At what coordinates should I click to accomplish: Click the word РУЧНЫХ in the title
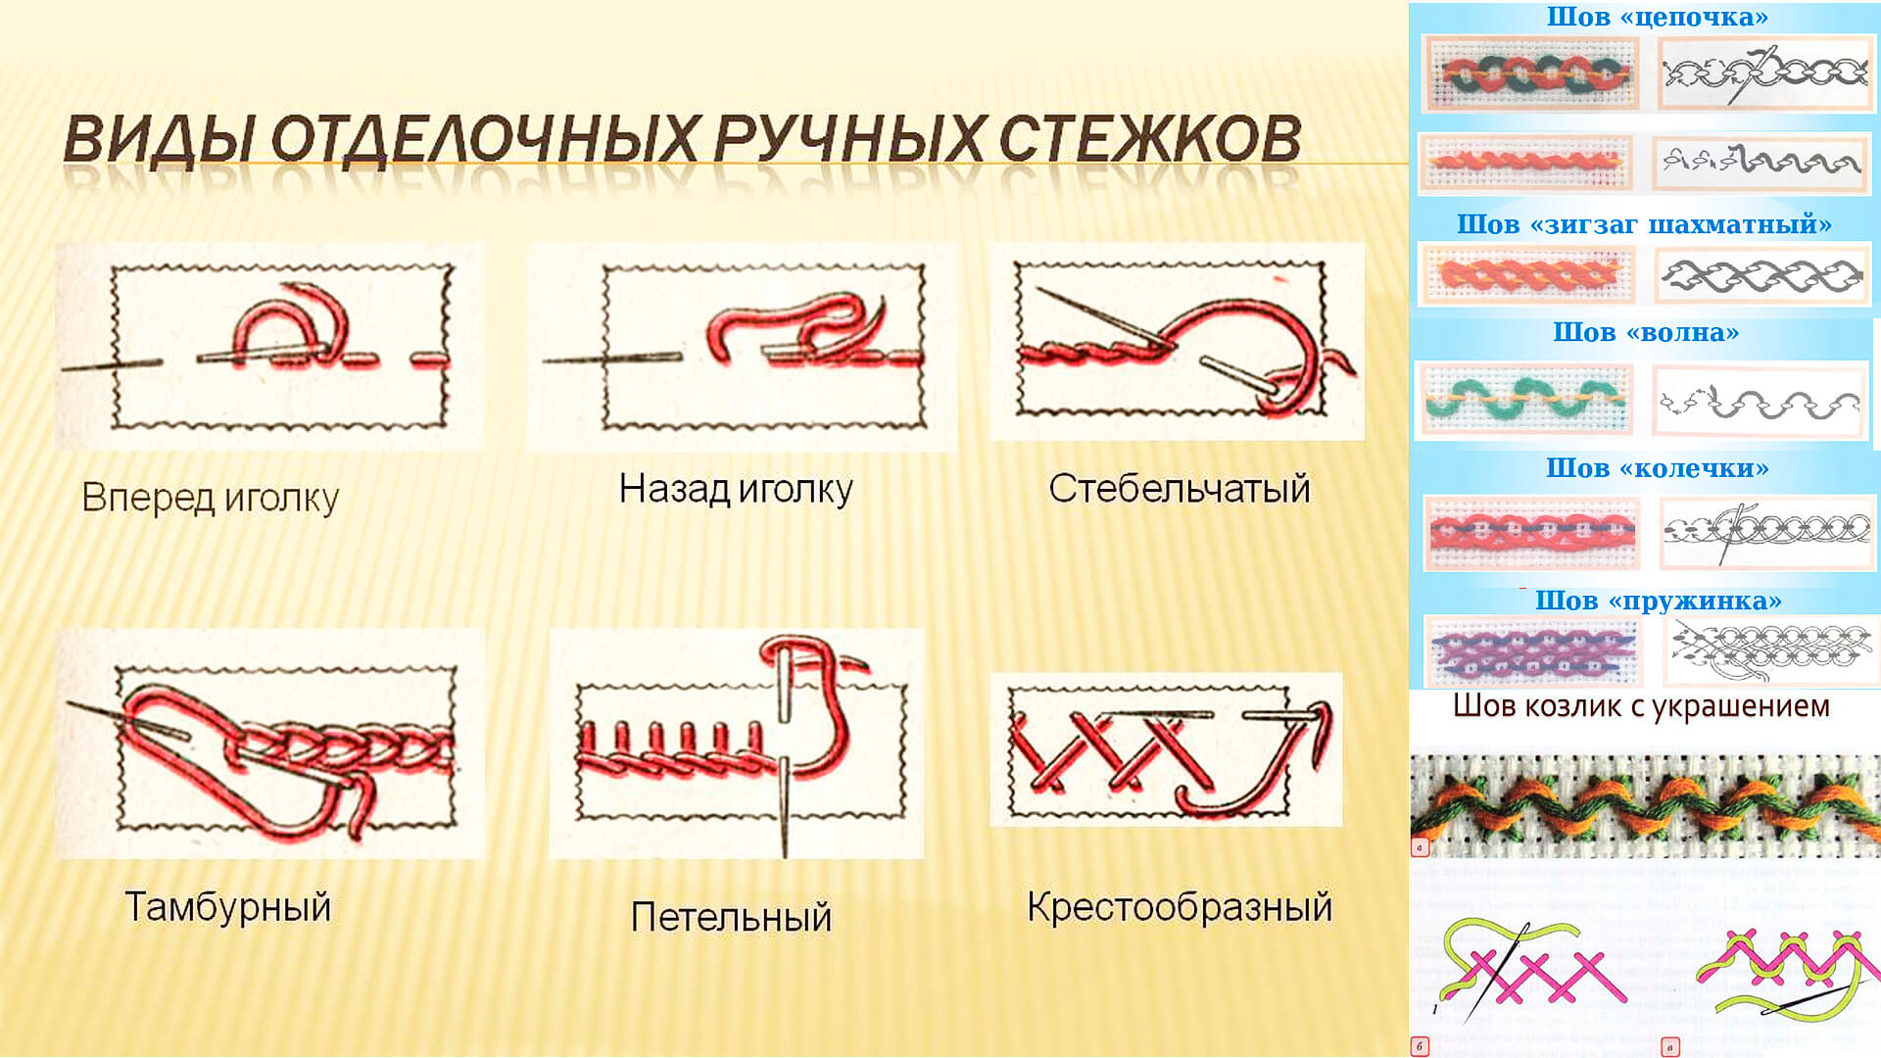[848, 140]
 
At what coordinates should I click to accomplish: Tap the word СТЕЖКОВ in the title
[1150, 139]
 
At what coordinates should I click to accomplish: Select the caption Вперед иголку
[211, 499]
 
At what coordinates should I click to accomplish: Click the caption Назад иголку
[736, 489]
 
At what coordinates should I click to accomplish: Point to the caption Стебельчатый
[1180, 488]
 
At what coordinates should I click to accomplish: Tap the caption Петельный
[731, 917]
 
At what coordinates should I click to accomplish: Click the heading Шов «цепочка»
[1658, 17]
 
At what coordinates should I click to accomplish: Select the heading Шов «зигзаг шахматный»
[1644, 224]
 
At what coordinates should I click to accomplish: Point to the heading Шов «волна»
[1646, 332]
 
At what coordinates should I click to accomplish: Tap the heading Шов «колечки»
[1658, 468]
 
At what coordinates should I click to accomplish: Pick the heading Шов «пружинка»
[1659, 601]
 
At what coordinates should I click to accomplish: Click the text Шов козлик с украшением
[1641, 706]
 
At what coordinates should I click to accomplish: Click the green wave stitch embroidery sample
[1524, 400]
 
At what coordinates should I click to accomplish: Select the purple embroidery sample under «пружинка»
[1532, 651]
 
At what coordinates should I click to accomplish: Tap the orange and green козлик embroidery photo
[1645, 803]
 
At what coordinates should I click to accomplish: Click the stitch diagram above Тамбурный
[269, 745]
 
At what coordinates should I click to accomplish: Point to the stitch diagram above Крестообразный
[1166, 749]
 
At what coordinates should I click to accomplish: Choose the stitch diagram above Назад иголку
[742, 347]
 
